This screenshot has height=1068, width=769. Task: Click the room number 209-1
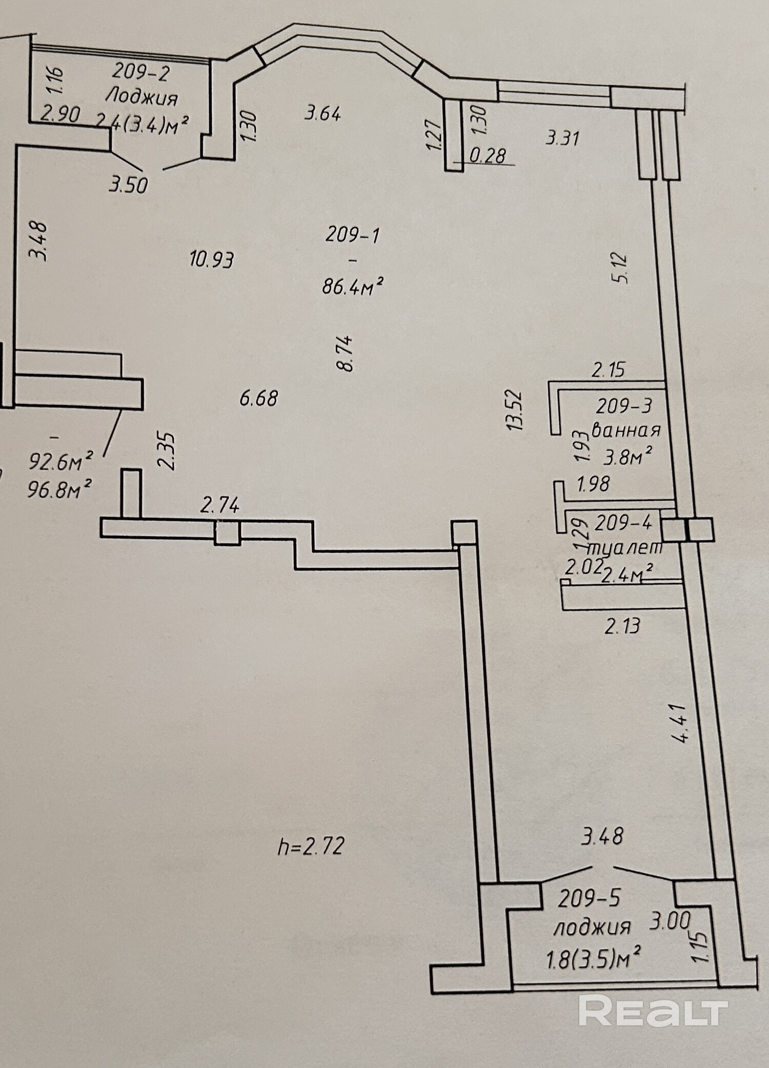coord(353,235)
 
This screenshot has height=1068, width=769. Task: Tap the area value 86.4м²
coord(353,286)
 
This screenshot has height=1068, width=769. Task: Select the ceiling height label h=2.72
coord(311,845)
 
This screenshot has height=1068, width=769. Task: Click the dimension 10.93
coord(212,259)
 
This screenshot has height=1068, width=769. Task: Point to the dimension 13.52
coord(514,410)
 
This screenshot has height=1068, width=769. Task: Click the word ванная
coord(626,430)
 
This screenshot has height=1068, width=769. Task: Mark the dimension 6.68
coord(259,398)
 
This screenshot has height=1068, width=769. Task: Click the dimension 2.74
coord(219,506)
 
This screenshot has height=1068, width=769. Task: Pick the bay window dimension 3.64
coord(322,112)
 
